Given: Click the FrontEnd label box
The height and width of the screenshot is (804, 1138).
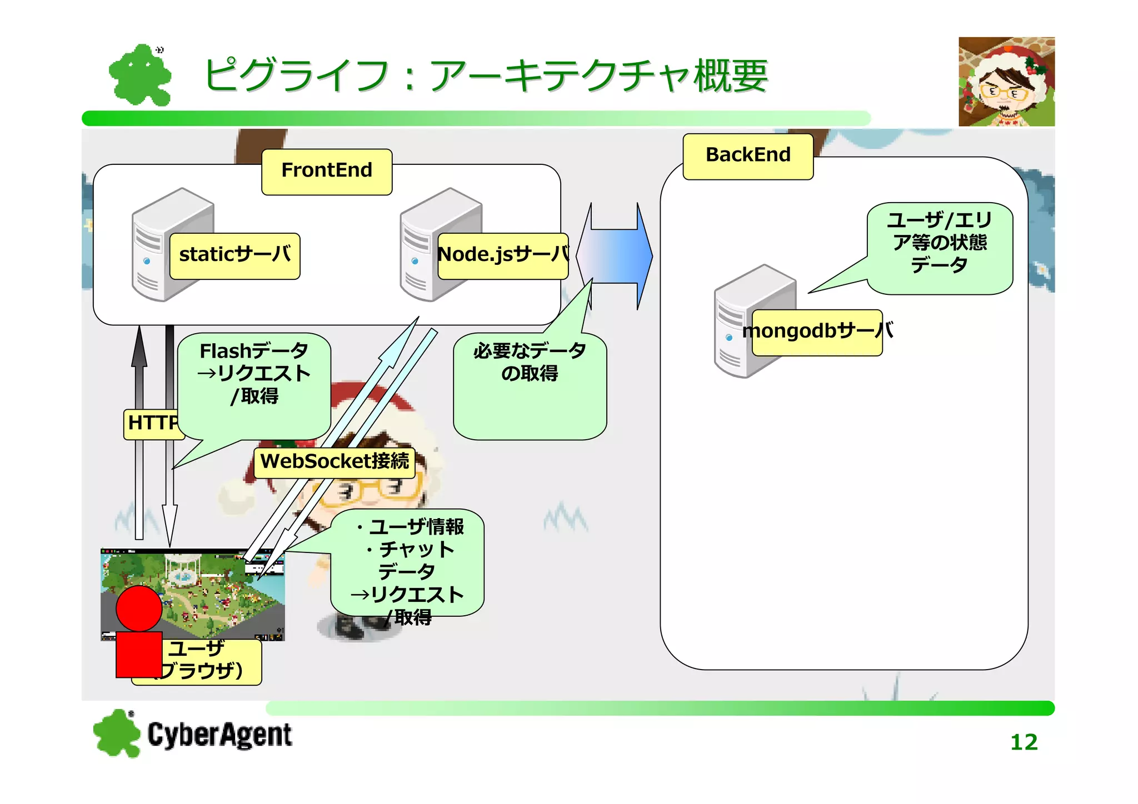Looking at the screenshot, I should pyautogui.click(x=327, y=172).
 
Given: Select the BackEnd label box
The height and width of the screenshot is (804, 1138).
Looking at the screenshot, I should pyautogui.click(x=748, y=156).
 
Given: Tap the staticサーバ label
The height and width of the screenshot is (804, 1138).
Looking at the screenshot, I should pyautogui.click(x=234, y=255).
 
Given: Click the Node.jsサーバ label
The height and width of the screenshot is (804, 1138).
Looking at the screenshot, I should pyautogui.click(x=502, y=255).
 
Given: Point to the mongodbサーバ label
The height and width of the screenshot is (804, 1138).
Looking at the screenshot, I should pyautogui.click(x=817, y=332).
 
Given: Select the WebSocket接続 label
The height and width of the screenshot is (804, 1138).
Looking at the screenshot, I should pyautogui.click(x=335, y=462).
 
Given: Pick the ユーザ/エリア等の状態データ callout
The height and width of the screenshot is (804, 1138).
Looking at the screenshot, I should pyautogui.click(x=940, y=247).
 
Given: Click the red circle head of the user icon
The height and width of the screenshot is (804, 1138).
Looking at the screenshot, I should pyautogui.click(x=139, y=608).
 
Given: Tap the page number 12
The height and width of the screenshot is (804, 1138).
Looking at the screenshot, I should pyautogui.click(x=1024, y=742).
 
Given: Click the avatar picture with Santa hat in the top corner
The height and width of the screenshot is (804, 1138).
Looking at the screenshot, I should pyautogui.click(x=1006, y=82).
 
